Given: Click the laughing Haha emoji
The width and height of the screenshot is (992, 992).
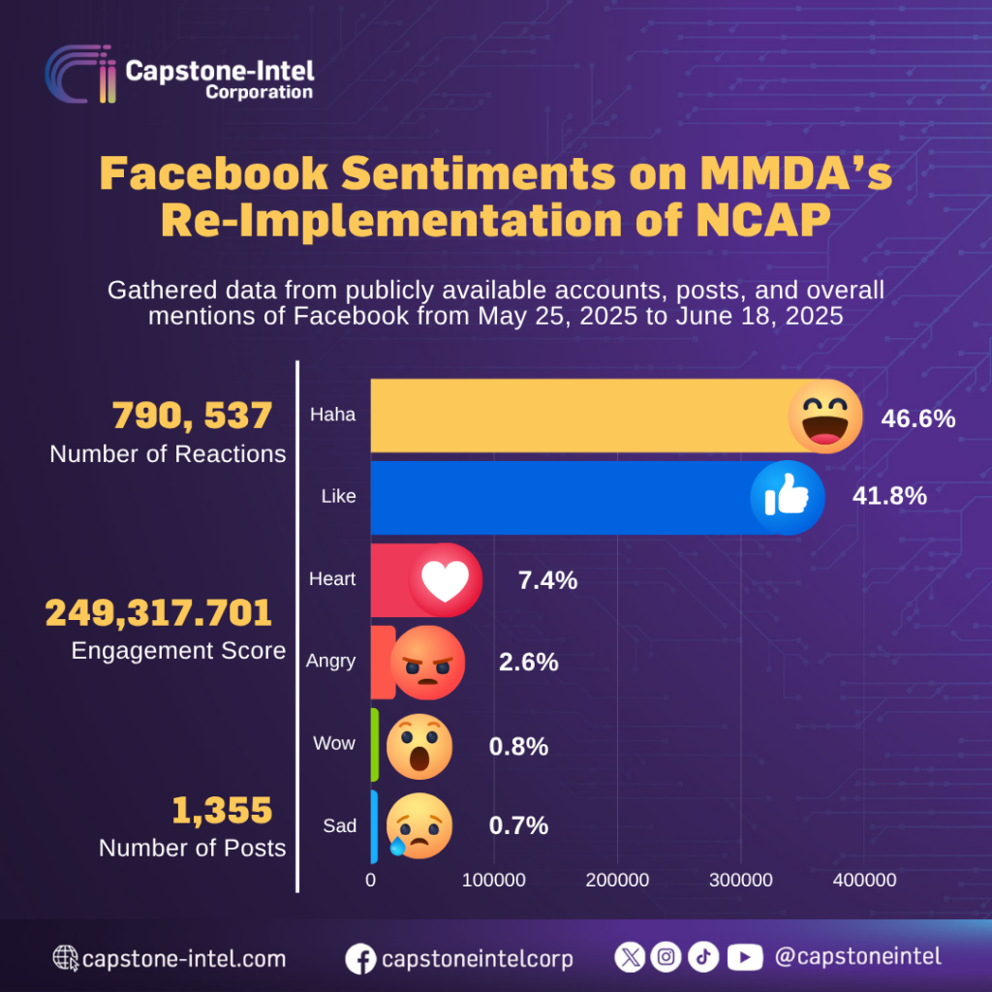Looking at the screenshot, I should (x=824, y=416).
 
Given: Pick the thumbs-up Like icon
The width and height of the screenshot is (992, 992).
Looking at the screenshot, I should (x=787, y=497).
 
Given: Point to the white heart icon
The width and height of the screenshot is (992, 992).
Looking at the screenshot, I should (x=445, y=580).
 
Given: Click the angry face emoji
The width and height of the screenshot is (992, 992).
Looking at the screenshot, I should (x=427, y=663).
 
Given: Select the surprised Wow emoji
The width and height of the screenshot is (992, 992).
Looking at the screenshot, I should (x=419, y=747).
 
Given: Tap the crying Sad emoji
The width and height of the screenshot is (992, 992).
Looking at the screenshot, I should (x=419, y=826).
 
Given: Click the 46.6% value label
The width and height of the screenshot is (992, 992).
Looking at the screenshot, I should (x=917, y=418).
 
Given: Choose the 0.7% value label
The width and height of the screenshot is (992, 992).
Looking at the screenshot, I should (x=518, y=826).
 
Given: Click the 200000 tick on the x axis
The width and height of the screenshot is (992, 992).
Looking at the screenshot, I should (x=617, y=880).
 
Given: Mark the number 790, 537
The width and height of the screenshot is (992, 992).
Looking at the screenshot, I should (x=192, y=417).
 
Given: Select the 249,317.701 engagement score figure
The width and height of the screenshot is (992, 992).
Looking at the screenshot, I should (x=159, y=612).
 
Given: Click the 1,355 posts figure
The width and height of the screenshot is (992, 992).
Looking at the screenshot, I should (x=222, y=810).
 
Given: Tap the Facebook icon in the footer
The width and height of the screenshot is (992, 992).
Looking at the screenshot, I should (x=360, y=959).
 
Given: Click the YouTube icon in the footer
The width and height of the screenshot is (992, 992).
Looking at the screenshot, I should (x=744, y=957).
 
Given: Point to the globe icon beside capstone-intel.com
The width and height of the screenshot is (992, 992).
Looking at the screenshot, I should (x=66, y=959).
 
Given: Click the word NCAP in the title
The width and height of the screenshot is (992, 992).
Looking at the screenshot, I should (x=760, y=220).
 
